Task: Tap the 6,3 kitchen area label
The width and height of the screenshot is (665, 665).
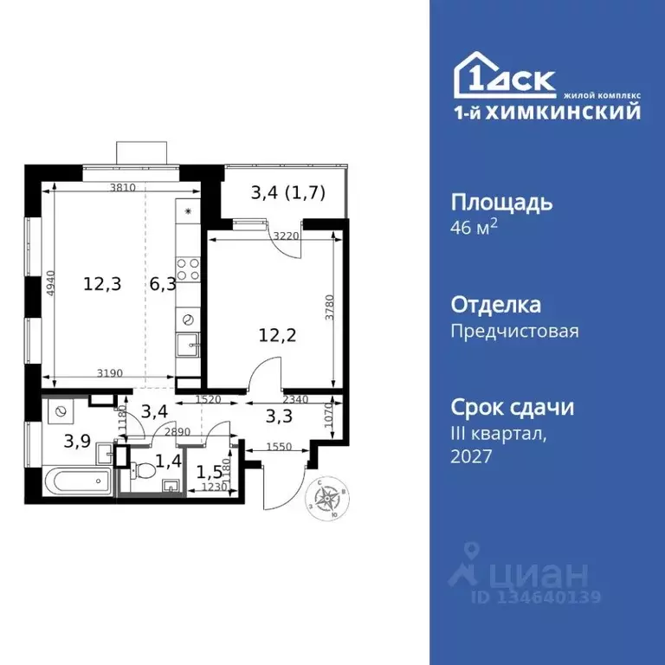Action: coord(161,283)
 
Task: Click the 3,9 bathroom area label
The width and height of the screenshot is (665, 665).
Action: coord(78,439)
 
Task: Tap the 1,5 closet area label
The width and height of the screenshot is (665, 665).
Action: coord(210,473)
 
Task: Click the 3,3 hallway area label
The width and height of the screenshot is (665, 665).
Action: coord(279,416)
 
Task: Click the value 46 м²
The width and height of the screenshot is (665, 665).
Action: coord(475,229)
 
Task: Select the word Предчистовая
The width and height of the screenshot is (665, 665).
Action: coord(515,331)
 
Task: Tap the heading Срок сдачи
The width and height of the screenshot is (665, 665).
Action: coord(513,407)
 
